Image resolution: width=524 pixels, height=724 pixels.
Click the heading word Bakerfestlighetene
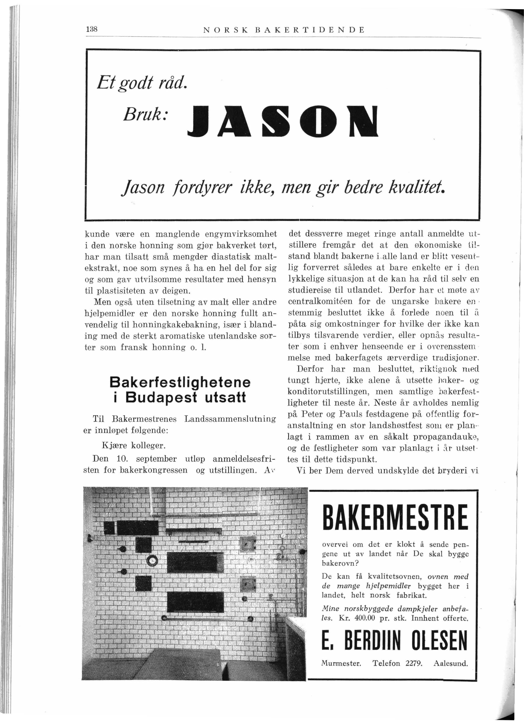tap(180, 382)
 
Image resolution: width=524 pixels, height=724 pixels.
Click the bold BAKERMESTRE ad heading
tap(395, 516)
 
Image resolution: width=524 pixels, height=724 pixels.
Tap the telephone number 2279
tap(413, 663)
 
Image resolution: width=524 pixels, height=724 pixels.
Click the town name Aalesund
tap(451, 663)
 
